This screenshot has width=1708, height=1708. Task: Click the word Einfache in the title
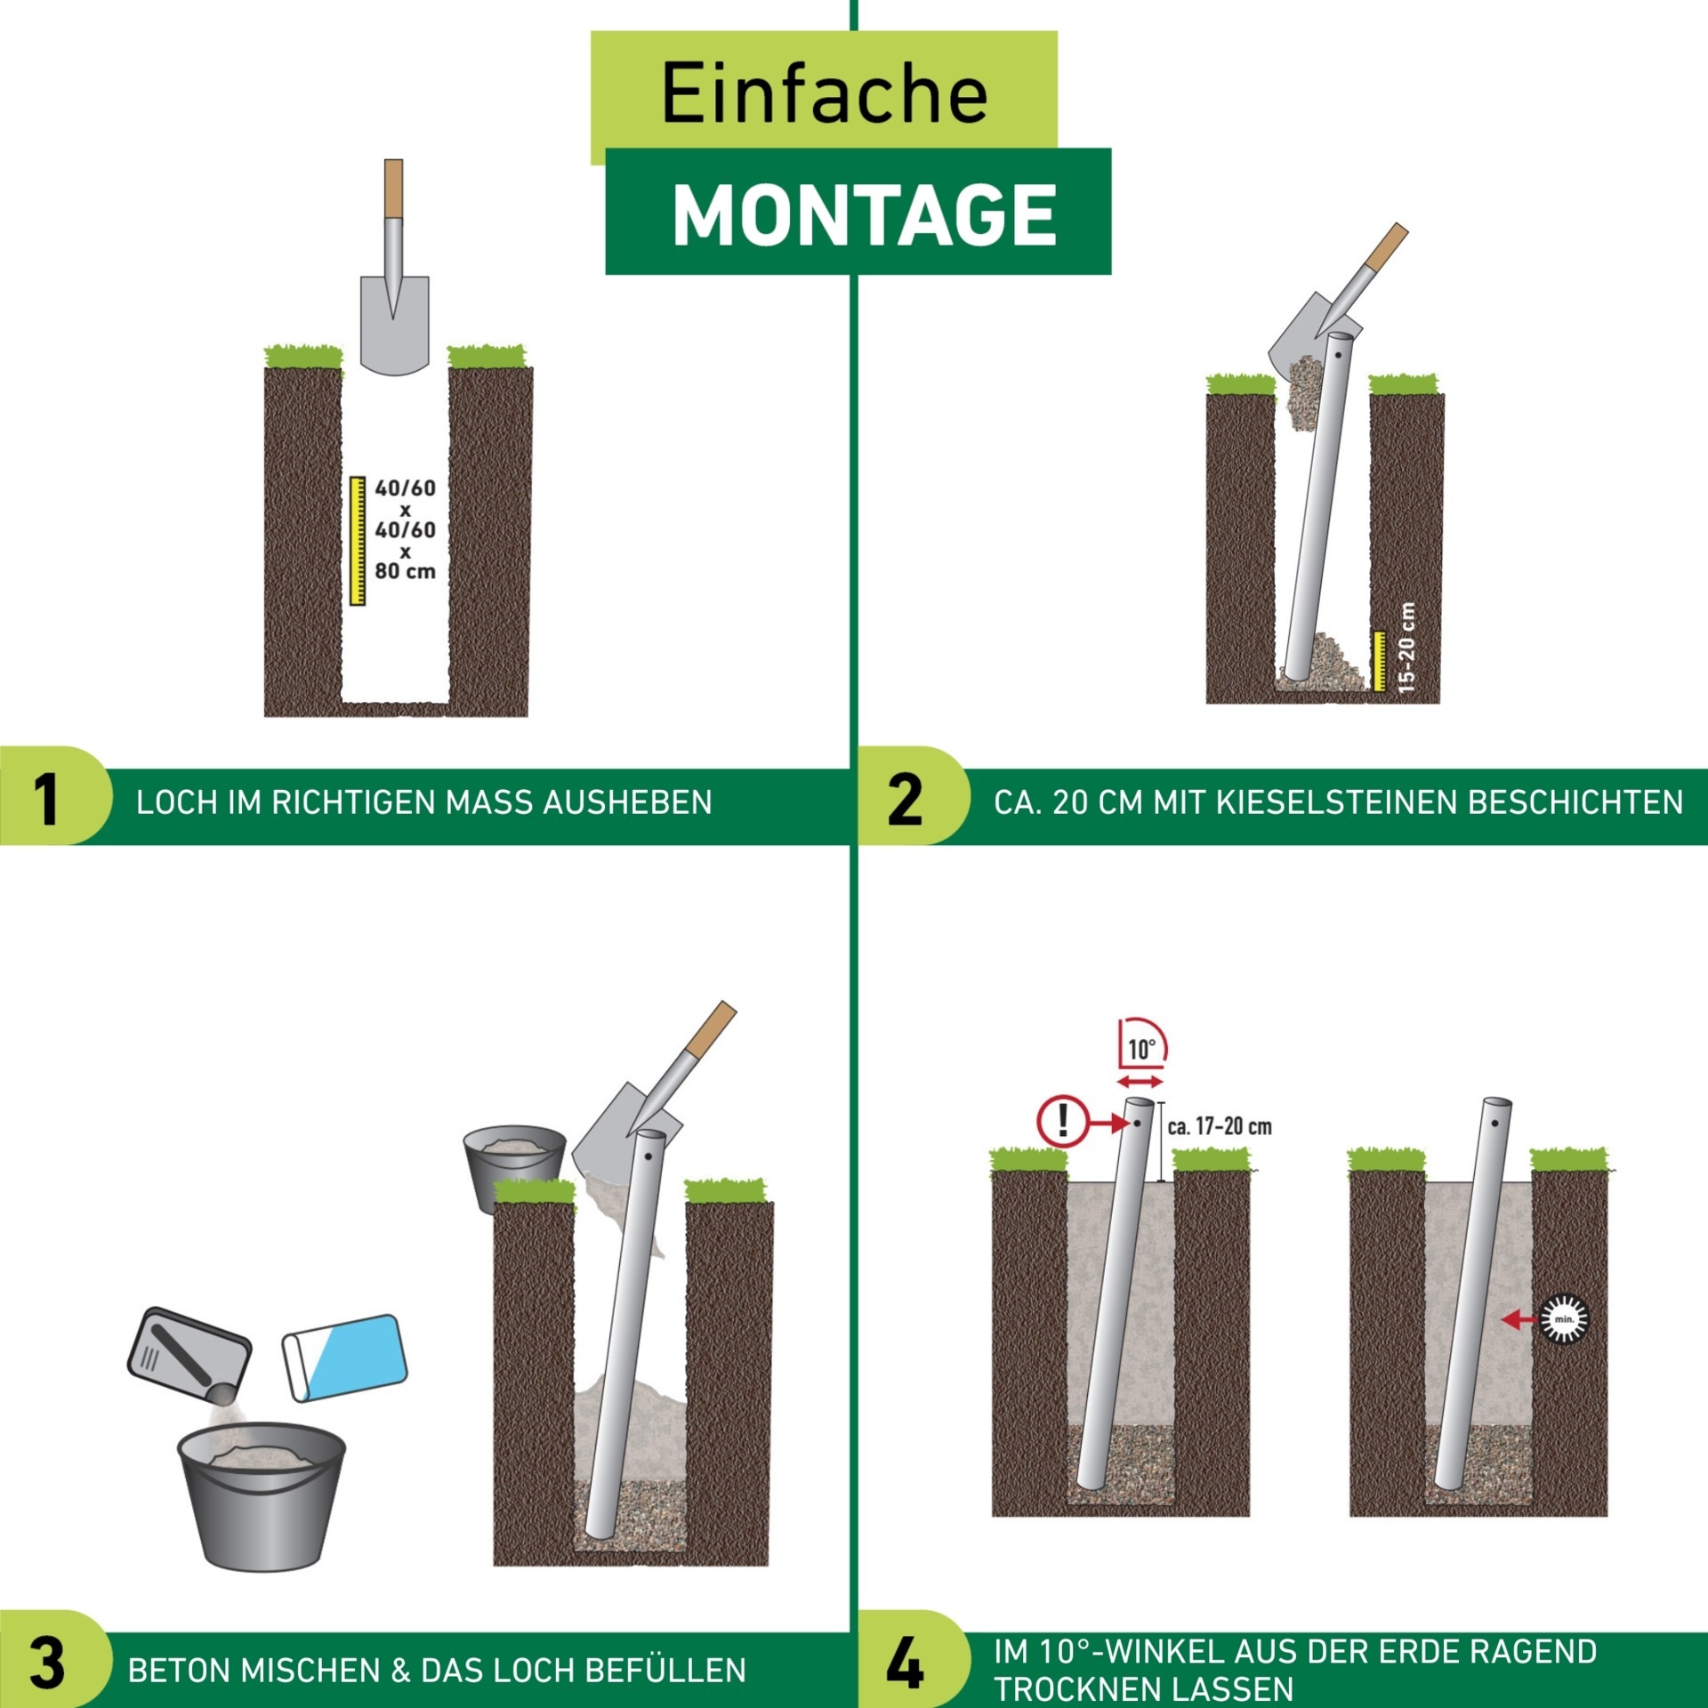tap(825, 93)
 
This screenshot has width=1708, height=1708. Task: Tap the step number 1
tap(45, 798)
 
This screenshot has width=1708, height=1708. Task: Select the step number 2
tap(905, 798)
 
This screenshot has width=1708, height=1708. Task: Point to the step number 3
tap(47, 1662)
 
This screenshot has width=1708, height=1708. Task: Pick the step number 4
tap(905, 1662)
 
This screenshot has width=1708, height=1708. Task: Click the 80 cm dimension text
tap(406, 571)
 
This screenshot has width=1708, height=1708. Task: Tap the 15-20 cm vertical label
tap(1406, 648)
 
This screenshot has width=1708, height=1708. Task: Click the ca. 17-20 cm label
tap(1220, 1127)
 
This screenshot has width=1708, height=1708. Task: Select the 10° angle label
tap(1141, 1050)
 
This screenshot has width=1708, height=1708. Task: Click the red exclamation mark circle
tap(1062, 1121)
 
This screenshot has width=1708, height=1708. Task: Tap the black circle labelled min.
tap(1563, 1319)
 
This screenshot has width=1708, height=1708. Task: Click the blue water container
tap(344, 1358)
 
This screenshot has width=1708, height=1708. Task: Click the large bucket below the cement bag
tap(262, 1496)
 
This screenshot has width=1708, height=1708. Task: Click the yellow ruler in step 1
tap(358, 541)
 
